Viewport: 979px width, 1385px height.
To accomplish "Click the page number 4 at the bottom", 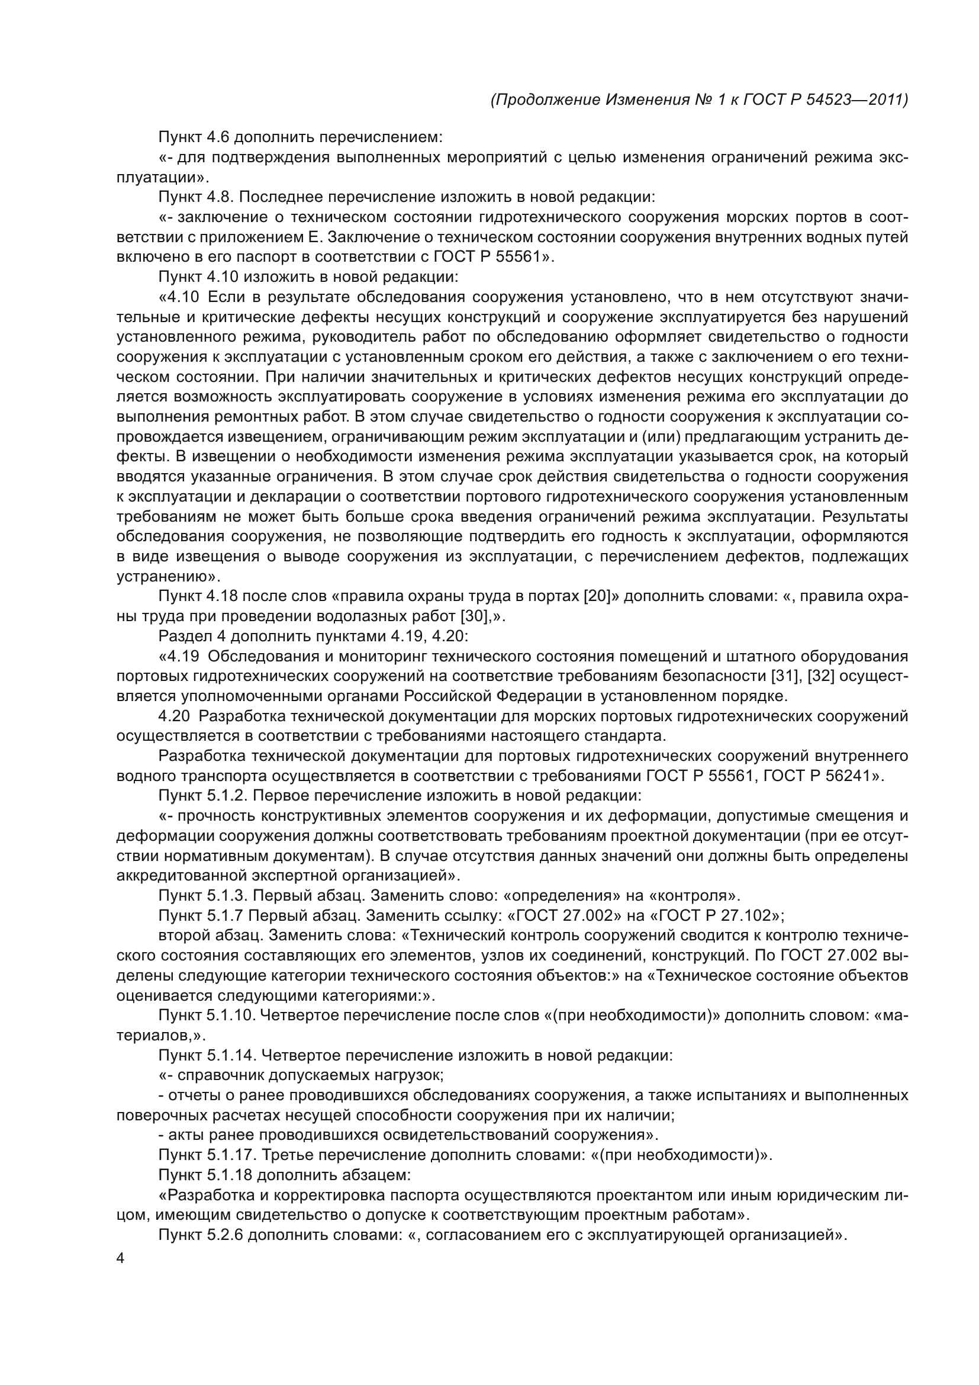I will click(120, 1258).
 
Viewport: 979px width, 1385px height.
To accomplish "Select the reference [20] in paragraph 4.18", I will click(597, 597).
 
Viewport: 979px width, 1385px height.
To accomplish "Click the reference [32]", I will click(821, 676).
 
